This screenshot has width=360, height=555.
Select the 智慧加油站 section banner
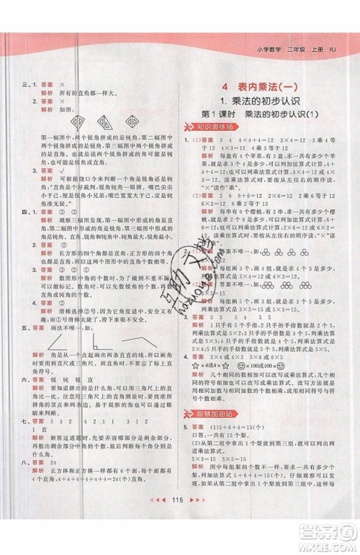point(215,395)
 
